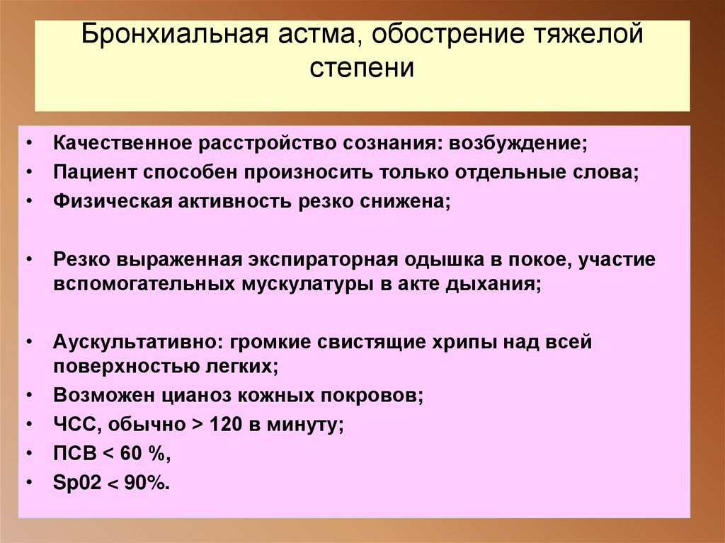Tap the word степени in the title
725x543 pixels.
click(x=362, y=69)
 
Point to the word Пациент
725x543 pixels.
click(x=96, y=172)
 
